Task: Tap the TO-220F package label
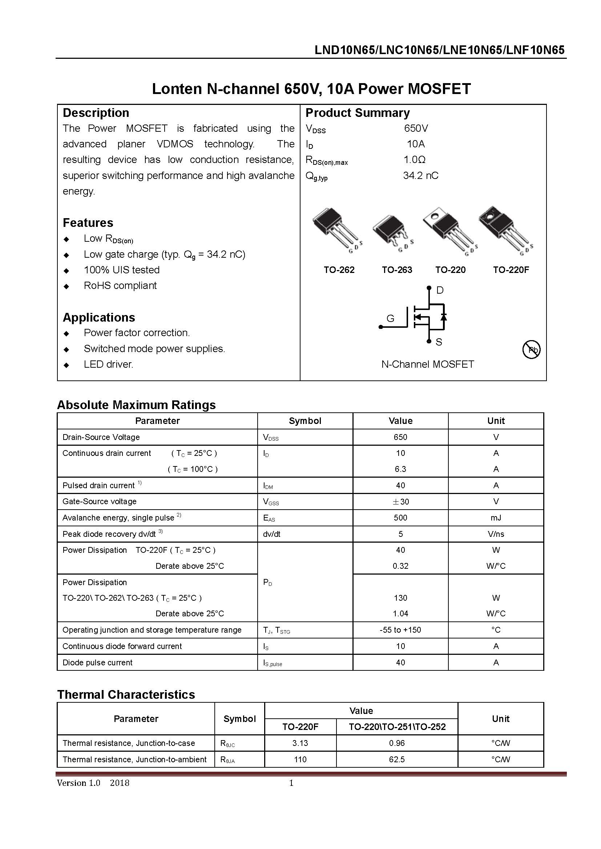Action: point(511,270)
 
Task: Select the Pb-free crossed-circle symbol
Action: point(531,350)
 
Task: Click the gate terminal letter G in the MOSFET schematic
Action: point(390,318)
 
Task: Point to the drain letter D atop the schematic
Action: point(440,290)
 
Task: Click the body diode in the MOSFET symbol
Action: point(443,317)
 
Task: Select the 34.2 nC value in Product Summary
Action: point(420,176)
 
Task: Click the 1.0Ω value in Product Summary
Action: point(414,160)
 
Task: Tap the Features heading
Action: point(88,223)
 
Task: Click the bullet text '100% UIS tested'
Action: point(121,270)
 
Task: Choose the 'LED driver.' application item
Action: point(108,364)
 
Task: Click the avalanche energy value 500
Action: point(400,518)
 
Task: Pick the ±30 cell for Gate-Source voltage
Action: point(400,501)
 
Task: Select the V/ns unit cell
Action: point(496,534)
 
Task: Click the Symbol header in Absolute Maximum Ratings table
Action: point(304,421)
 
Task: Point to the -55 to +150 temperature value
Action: point(400,630)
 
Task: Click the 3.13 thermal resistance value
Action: point(300,743)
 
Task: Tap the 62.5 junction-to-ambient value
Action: point(397,759)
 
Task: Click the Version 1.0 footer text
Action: point(78,783)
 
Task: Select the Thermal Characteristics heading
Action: point(126,694)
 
